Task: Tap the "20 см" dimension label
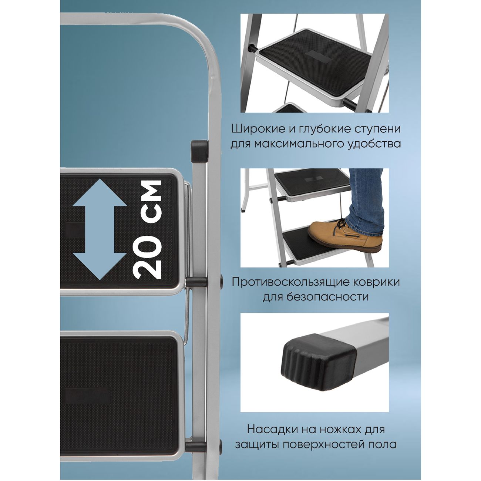click(x=148, y=229)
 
